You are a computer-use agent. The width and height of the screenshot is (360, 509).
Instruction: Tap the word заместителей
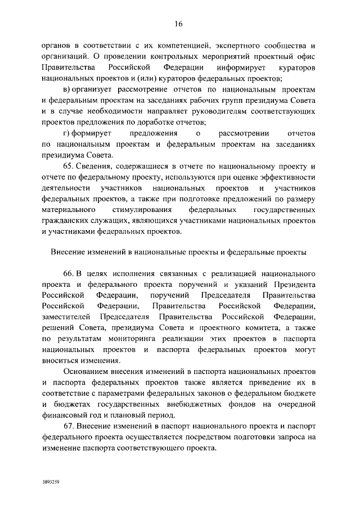click(66, 317)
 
